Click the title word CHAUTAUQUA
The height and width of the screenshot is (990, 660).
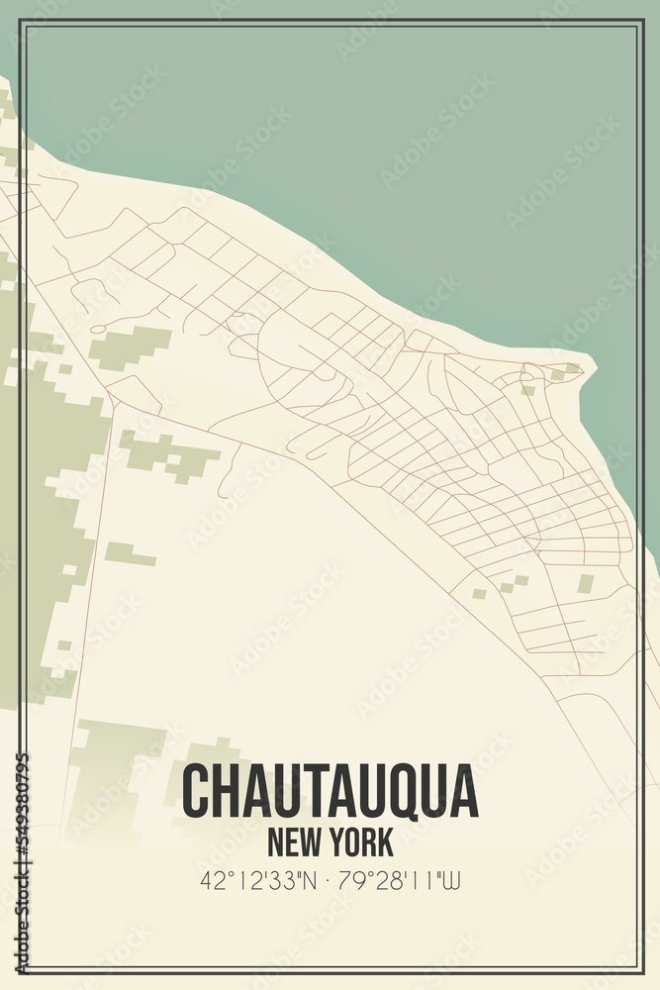pos(330,792)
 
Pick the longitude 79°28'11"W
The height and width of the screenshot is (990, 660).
pos(400,880)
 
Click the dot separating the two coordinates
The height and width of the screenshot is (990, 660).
pos(330,880)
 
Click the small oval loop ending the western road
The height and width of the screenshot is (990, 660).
pos(97,328)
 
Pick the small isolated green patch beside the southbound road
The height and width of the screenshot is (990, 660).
pos(130,554)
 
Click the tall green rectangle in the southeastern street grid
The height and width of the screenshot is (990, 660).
pos(585,584)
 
